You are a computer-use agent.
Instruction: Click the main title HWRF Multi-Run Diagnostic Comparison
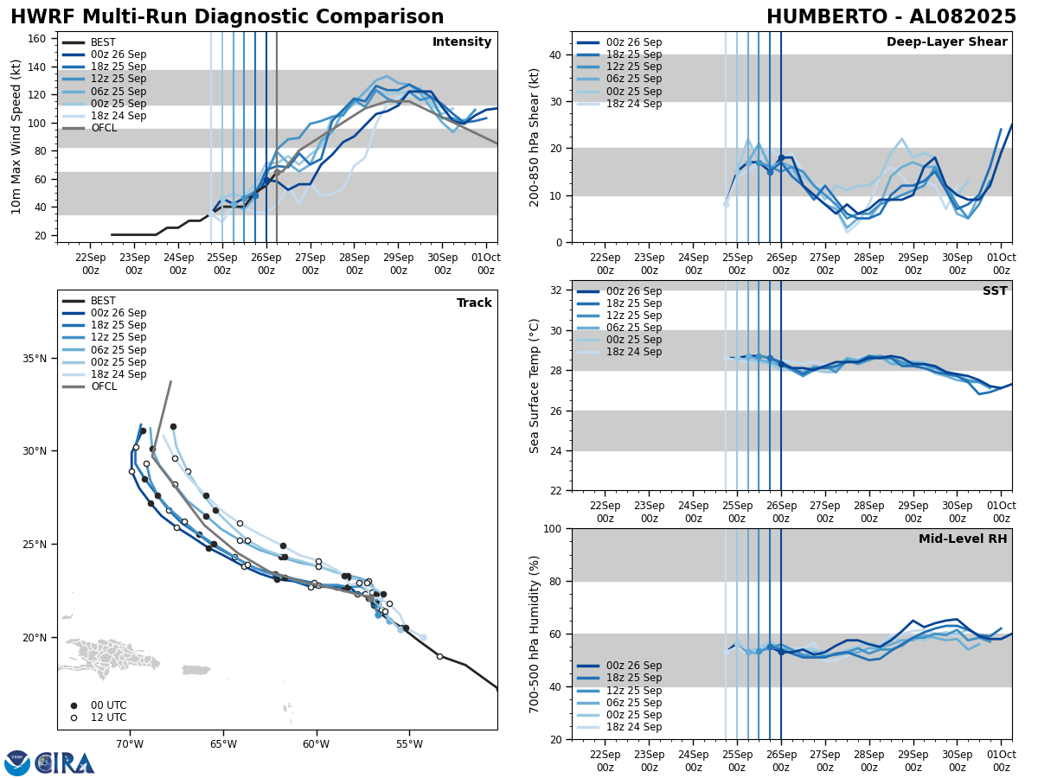pyautogui.click(x=227, y=17)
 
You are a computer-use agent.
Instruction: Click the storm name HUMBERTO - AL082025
pyautogui.click(x=891, y=17)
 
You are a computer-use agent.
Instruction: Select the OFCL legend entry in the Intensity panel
pyautogui.click(x=104, y=128)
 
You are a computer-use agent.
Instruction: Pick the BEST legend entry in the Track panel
pyautogui.click(x=103, y=301)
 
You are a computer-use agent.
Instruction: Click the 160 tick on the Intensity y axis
pyautogui.click(x=38, y=39)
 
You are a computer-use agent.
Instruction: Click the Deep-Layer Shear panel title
pyautogui.click(x=946, y=42)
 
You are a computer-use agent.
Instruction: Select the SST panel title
pyautogui.click(x=995, y=291)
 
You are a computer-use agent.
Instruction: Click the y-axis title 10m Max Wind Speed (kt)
pyautogui.click(x=16, y=137)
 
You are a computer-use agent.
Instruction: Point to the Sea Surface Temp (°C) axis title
pyautogui.click(x=535, y=386)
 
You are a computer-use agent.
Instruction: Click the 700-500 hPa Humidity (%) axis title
pyautogui.click(x=535, y=634)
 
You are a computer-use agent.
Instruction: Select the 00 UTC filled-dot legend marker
pyautogui.click(x=74, y=705)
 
